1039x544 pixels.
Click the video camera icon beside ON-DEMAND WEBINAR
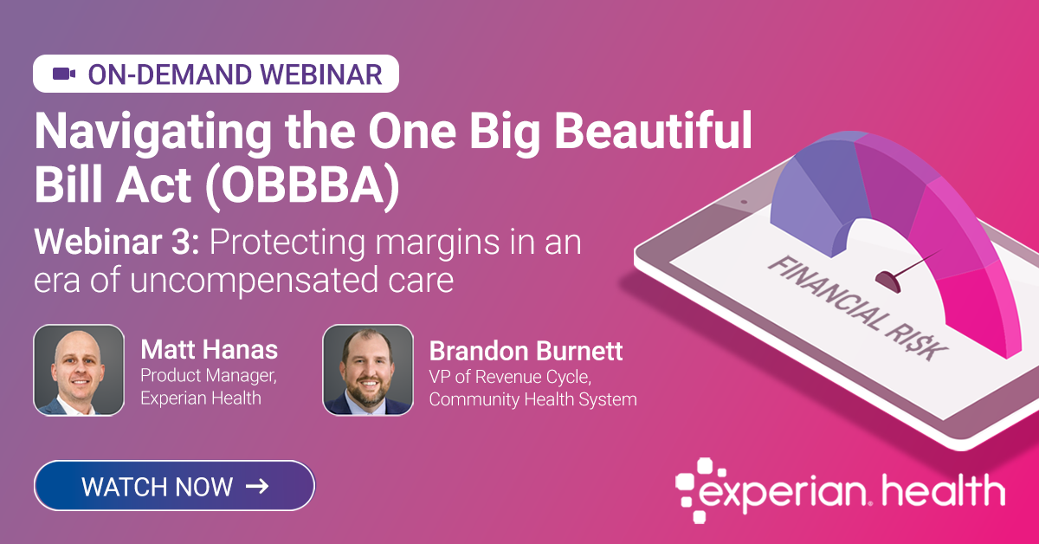pos(64,74)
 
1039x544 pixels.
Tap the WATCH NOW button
pos(174,486)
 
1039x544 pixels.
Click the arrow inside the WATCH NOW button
pos(257,486)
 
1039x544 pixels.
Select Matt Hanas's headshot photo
pos(79,370)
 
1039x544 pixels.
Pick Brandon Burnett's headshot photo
pos(368,370)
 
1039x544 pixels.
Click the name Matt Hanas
pos(209,351)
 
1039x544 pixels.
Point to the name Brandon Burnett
pos(526,353)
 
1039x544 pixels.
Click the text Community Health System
pos(532,399)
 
